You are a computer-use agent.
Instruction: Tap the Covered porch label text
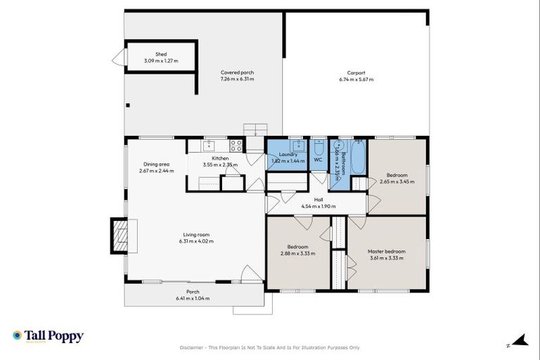point(237,72)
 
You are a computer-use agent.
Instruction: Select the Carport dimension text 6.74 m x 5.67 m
point(356,79)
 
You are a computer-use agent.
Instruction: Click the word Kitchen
point(220,158)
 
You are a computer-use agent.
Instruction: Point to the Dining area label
point(156,165)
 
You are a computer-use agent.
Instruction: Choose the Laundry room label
point(288,154)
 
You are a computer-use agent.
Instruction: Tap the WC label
point(318,160)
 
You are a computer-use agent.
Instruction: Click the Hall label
point(318,200)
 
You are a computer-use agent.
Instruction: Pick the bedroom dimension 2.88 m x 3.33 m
point(297,253)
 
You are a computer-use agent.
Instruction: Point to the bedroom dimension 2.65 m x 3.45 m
point(397,181)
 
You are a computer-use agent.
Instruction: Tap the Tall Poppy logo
point(48,336)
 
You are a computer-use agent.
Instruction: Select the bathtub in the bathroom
point(358,159)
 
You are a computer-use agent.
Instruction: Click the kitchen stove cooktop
point(236,146)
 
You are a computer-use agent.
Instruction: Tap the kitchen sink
point(209,146)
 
